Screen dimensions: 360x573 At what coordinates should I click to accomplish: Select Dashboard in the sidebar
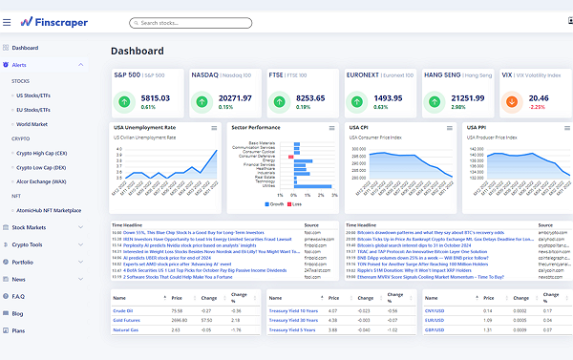[x=25, y=47]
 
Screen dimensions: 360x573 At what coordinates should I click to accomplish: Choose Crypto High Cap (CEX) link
[x=41, y=152]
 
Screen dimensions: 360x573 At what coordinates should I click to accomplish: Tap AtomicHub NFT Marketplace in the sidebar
[x=47, y=209]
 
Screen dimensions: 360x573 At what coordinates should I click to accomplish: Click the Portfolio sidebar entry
[x=23, y=262]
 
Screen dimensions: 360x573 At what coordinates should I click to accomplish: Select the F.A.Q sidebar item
[x=19, y=296]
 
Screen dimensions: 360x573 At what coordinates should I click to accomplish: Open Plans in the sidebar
[x=19, y=330]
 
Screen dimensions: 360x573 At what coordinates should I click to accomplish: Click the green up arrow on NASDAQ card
[x=202, y=100]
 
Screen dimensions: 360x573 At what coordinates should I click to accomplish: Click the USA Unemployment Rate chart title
[x=144, y=127]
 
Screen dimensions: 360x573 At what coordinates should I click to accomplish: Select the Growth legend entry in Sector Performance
[x=274, y=204]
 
